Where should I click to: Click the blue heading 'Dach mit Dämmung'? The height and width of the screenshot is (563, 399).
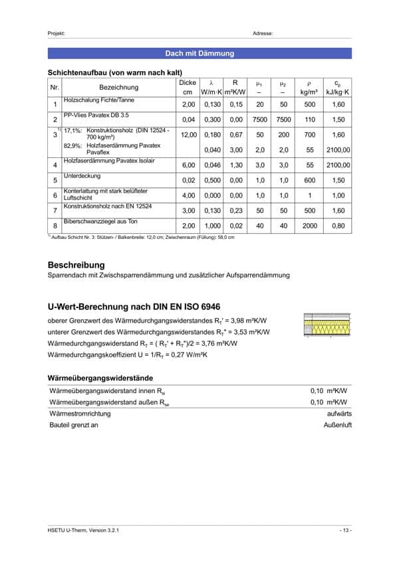point(199,52)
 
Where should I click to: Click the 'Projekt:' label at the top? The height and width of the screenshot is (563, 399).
point(57,33)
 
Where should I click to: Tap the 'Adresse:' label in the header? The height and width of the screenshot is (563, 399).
point(263,33)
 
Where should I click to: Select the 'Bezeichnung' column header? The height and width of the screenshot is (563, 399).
point(119,87)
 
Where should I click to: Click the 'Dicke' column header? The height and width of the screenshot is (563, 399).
point(188,82)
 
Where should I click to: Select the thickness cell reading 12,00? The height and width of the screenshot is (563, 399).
point(188,135)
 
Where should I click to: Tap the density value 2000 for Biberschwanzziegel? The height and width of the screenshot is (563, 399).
point(309,226)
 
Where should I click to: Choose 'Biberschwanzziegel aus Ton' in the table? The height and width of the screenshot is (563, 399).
point(97,220)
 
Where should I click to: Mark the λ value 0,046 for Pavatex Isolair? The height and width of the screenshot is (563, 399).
point(211,165)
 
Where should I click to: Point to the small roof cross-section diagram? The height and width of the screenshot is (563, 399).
point(327,324)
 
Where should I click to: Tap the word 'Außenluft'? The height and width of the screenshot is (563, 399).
point(338,425)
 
